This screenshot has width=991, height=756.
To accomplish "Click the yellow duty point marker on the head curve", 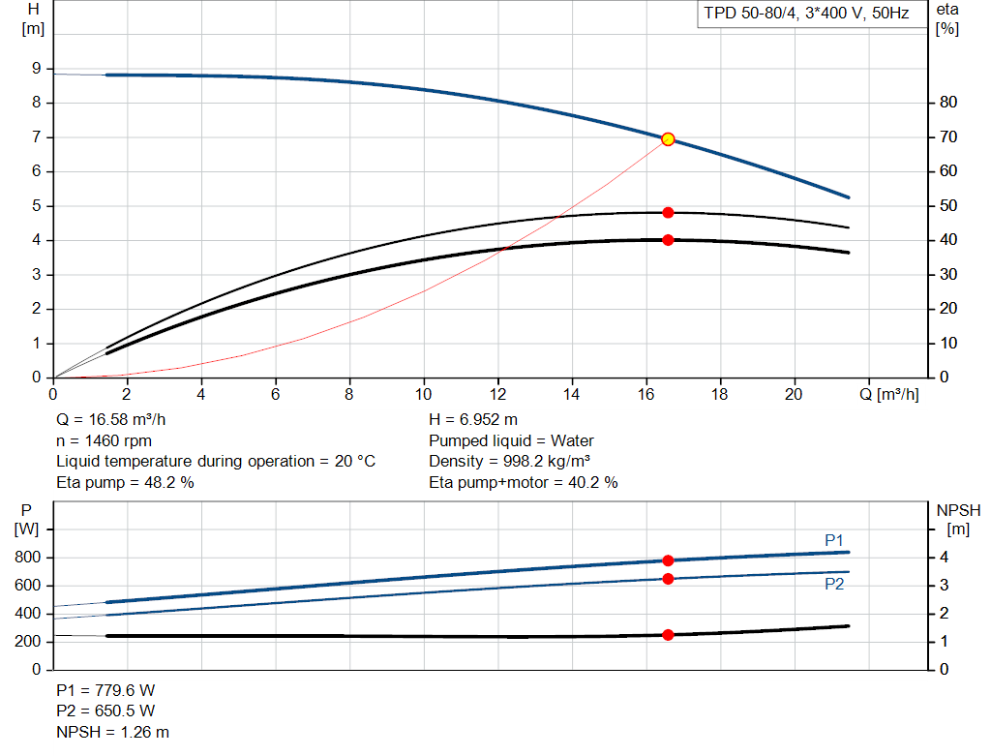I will point(668,139).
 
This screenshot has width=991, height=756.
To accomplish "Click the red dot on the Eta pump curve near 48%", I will point(668,213).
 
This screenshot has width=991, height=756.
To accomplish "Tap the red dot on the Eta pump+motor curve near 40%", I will point(668,240).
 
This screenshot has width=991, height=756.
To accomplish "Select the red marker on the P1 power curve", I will point(668,560).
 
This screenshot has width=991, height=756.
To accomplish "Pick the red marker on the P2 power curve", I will point(668,579).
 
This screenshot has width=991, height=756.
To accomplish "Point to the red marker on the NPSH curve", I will point(668,635).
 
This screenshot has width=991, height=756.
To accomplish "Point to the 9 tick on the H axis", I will point(36,69).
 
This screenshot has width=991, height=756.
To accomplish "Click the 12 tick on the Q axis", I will point(497,395).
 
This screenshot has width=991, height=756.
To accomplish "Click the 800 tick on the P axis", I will point(29,558).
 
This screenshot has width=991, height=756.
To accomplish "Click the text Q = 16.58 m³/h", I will point(118,420).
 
